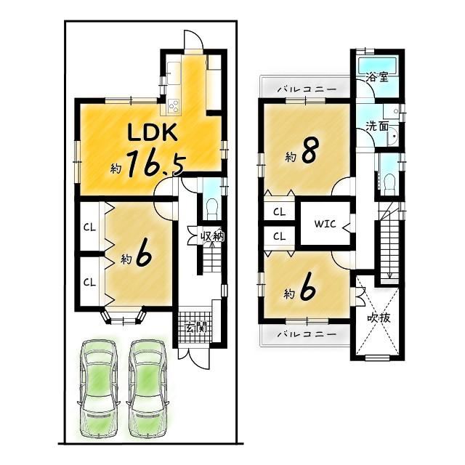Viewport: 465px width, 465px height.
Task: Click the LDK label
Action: (153, 132)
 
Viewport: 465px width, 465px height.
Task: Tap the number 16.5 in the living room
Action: (156, 164)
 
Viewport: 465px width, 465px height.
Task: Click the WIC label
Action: (325, 224)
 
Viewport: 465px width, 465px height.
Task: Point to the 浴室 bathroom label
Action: (377, 78)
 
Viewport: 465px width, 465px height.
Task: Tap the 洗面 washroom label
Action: (377, 126)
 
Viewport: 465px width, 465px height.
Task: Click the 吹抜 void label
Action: (379, 318)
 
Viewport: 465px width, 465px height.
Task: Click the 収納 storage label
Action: (212, 236)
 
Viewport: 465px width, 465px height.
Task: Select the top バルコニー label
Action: (307, 89)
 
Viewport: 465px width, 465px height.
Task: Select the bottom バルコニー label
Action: (307, 334)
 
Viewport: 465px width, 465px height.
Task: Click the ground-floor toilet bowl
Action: (212, 209)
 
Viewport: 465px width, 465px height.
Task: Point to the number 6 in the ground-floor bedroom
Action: (144, 256)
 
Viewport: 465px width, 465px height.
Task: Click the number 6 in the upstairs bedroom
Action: (307, 289)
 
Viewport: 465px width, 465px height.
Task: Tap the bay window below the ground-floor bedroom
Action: (124, 318)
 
